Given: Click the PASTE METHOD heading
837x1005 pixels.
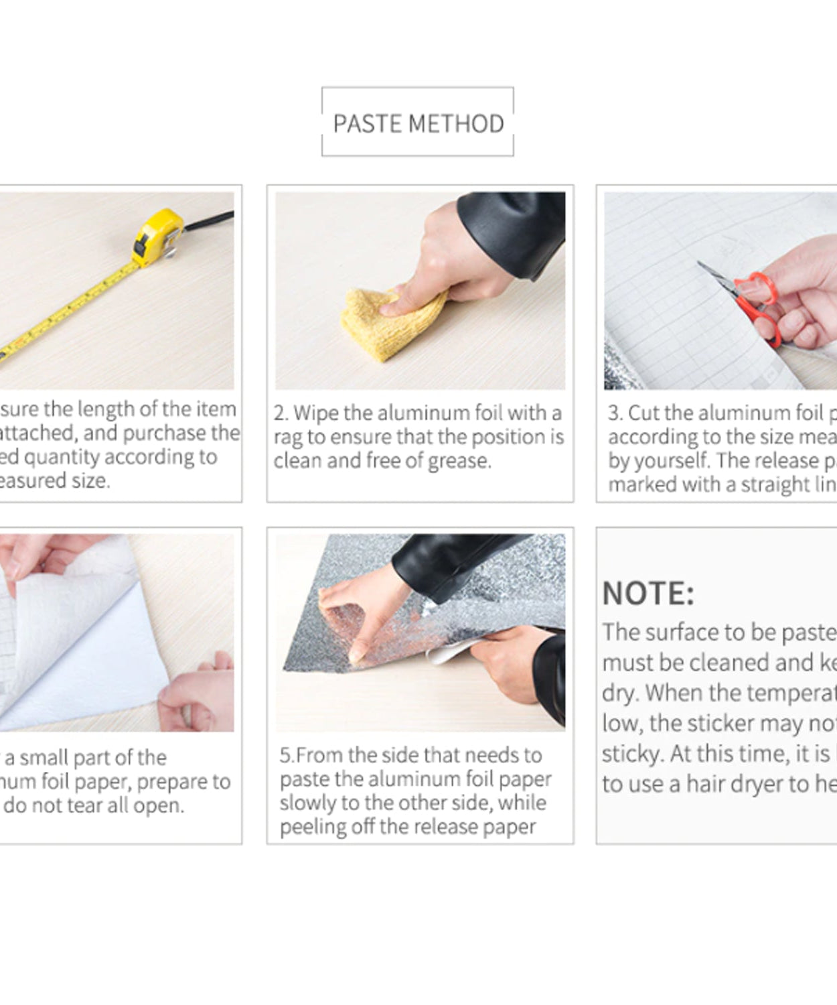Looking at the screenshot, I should point(418,124).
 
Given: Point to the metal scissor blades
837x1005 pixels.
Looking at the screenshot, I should point(715,275).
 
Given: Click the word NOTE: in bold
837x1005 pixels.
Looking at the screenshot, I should point(648,594).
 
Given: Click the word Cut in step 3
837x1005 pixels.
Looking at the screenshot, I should point(645,413).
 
